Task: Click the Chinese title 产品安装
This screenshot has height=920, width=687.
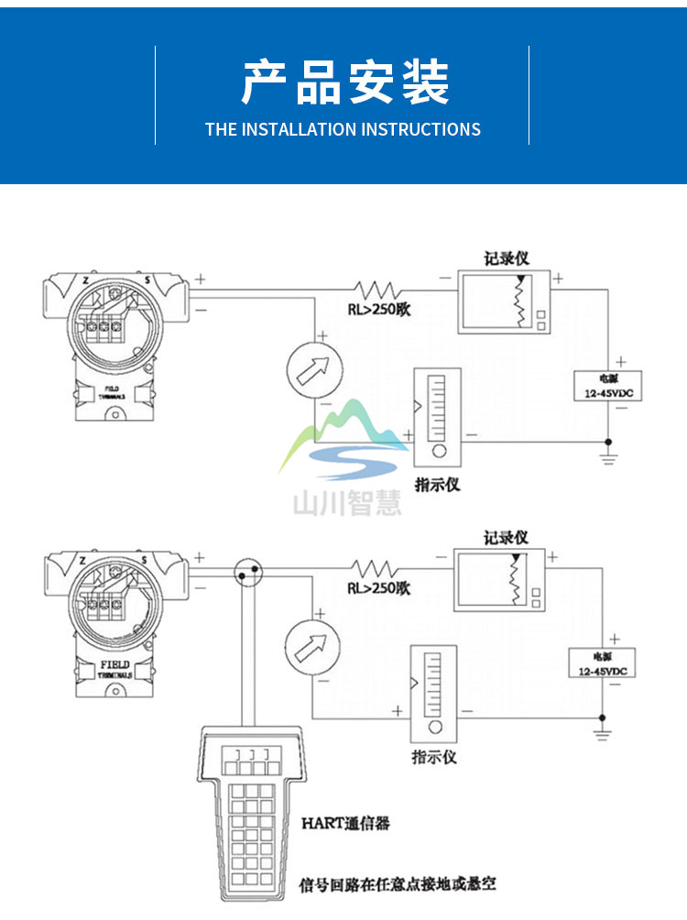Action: tap(344, 82)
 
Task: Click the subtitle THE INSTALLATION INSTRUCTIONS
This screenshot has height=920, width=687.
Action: tap(343, 129)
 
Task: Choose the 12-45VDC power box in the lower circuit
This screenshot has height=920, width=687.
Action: tap(602, 661)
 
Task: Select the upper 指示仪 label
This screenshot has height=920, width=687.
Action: tap(437, 484)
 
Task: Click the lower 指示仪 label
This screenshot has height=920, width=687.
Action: tap(434, 758)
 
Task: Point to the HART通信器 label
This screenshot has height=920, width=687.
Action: tap(345, 823)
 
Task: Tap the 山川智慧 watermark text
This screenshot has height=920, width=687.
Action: tap(346, 503)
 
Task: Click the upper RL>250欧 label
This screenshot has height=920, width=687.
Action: tap(378, 310)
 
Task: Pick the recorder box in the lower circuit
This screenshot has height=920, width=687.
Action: tap(499, 580)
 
